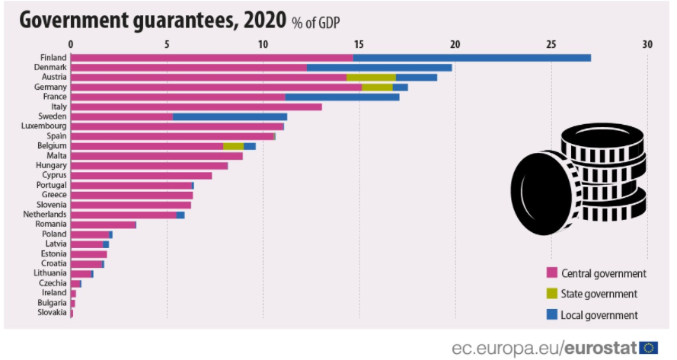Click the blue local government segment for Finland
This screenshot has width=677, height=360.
pos(472,58)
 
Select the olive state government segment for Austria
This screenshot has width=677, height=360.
pos(371,77)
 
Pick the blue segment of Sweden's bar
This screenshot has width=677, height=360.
pos(230,116)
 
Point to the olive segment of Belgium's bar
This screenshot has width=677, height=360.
pos(233,146)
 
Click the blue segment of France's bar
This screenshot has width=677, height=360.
pos(342,97)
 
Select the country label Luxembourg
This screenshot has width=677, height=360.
pos(46,126)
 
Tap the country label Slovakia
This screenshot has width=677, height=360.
pos(51,312)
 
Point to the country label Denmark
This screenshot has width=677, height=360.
pos(50,67)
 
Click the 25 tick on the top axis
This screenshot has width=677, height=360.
pos(551,44)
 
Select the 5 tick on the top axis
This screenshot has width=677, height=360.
pos(167,44)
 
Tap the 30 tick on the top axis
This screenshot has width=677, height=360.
pos(647,44)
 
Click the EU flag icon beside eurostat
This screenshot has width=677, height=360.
pos(649,348)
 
